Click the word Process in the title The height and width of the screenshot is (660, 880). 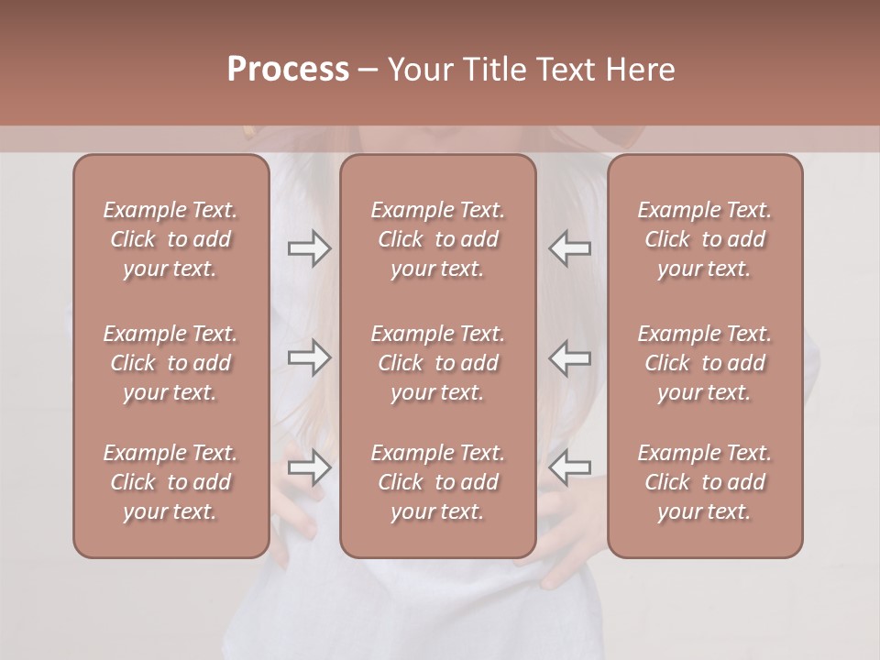pyautogui.click(x=288, y=70)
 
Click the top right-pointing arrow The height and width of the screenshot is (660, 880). pyautogui.click(x=309, y=248)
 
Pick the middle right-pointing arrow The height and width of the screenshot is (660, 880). pyautogui.click(x=309, y=357)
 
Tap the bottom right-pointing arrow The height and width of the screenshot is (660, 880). pyautogui.click(x=309, y=467)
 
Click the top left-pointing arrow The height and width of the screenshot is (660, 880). pyautogui.click(x=570, y=248)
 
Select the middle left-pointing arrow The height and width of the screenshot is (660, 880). pyautogui.click(x=570, y=357)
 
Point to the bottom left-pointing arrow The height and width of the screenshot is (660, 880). pyautogui.click(x=570, y=467)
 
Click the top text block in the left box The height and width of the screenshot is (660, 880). pyautogui.click(x=170, y=239)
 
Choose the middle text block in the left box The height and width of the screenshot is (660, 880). pyautogui.click(x=170, y=363)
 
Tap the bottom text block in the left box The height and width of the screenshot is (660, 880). pyautogui.click(x=170, y=482)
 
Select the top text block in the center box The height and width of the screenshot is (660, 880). pyautogui.click(x=437, y=239)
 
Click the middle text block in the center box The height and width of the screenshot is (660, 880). pyautogui.click(x=437, y=363)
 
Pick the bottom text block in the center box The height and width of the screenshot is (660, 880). pyautogui.click(x=437, y=482)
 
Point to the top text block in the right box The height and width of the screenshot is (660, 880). pyautogui.click(x=704, y=239)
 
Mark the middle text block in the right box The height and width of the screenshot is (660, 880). pyautogui.click(x=704, y=363)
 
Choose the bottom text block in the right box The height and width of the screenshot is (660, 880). pyautogui.click(x=704, y=482)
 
